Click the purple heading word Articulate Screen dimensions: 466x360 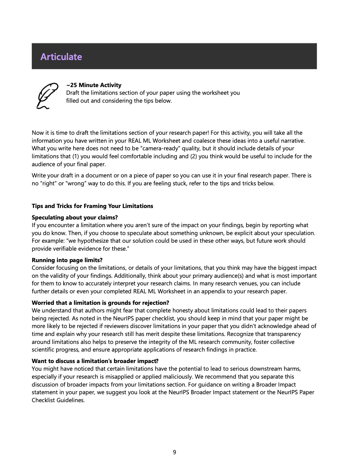coord(61,57)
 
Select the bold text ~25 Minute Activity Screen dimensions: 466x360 coord(94,85)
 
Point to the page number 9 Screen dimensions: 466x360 coord(175,452)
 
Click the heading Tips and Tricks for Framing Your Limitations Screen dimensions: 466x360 coord(92,206)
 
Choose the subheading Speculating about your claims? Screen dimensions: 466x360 coord(75,217)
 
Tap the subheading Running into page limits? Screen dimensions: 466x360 coord(67,260)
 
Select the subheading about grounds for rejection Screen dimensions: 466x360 coord(100,303)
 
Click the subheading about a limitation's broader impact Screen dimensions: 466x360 coord(95,361)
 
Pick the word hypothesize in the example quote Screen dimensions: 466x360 coord(94,241)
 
